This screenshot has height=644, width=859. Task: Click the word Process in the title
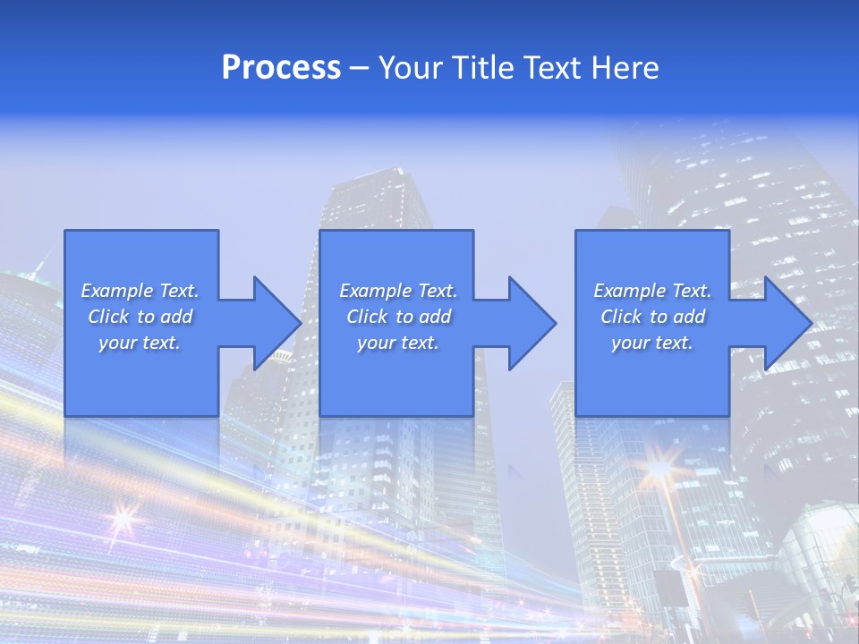(281, 68)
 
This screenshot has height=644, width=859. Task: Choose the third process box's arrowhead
(787, 323)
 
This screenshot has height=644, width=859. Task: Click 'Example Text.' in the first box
(140, 291)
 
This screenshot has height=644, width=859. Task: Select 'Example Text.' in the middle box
(398, 291)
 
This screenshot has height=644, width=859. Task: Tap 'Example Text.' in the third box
(652, 291)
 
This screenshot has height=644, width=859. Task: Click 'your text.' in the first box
(140, 343)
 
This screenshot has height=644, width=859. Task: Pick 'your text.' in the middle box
(398, 343)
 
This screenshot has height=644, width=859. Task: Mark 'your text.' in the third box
(652, 343)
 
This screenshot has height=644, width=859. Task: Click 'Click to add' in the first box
(140, 317)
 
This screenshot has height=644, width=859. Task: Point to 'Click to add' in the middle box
(398, 317)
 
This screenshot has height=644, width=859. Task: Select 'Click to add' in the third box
(652, 317)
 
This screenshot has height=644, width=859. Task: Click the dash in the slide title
(359, 69)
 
